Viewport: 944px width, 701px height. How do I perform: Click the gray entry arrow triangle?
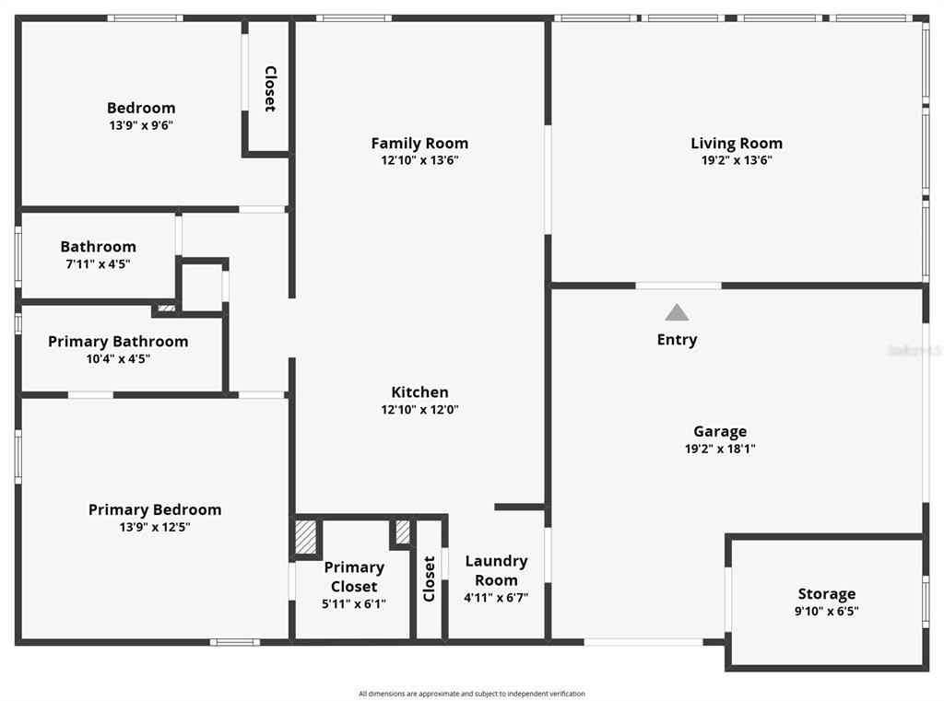[677, 312]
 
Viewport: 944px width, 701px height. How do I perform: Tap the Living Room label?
[737, 143]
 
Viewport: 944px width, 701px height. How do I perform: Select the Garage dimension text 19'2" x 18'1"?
[720, 449]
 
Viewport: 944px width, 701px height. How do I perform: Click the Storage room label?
[827, 594]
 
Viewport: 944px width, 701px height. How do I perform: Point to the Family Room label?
[419, 143]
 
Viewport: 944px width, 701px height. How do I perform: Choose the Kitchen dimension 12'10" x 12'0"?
[419, 410]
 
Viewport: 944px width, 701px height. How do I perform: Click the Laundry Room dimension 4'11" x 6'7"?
[496, 598]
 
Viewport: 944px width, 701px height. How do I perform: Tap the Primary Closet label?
[354, 577]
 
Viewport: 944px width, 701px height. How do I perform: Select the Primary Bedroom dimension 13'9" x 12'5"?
[155, 527]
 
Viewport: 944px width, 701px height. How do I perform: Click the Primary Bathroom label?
[118, 342]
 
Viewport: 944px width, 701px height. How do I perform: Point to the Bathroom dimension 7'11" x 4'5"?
[98, 264]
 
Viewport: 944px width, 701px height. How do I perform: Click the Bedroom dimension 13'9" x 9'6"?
[141, 125]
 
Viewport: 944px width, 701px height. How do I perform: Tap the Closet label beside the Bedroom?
[270, 88]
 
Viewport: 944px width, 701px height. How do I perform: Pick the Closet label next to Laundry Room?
[429, 578]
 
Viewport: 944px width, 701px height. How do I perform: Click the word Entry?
[677, 339]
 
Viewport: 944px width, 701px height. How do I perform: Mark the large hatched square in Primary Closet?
[305, 537]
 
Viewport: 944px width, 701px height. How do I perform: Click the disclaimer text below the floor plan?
[472, 694]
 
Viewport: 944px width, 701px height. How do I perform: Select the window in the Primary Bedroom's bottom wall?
[235, 642]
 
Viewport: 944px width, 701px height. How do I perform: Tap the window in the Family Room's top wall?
[354, 18]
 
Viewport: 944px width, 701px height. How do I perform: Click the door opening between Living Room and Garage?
[678, 286]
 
